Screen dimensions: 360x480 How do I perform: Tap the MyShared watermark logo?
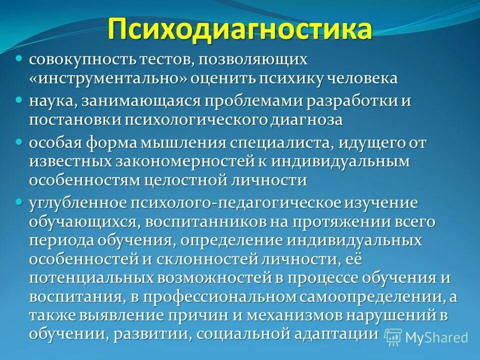(x=427, y=337)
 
